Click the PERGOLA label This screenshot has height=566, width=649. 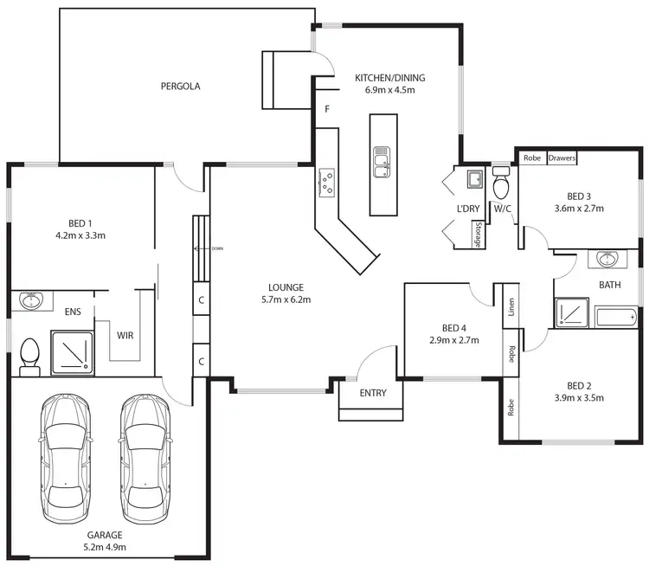[x=180, y=87]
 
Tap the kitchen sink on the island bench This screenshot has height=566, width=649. [x=380, y=162]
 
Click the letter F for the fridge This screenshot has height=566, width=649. [x=326, y=110]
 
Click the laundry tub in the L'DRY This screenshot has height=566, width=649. [x=474, y=180]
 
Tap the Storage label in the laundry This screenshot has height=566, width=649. [x=477, y=235]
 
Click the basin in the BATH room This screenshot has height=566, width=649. [x=607, y=259]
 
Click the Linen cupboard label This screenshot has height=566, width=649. [x=511, y=307]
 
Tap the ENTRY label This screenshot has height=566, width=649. [x=373, y=394]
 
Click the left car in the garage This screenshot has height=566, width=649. [x=66, y=455]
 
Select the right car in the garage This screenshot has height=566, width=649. [x=146, y=455]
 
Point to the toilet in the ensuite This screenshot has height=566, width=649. [x=29, y=356]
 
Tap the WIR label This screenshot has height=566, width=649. [x=125, y=335]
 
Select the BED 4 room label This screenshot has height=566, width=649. [x=454, y=328]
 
